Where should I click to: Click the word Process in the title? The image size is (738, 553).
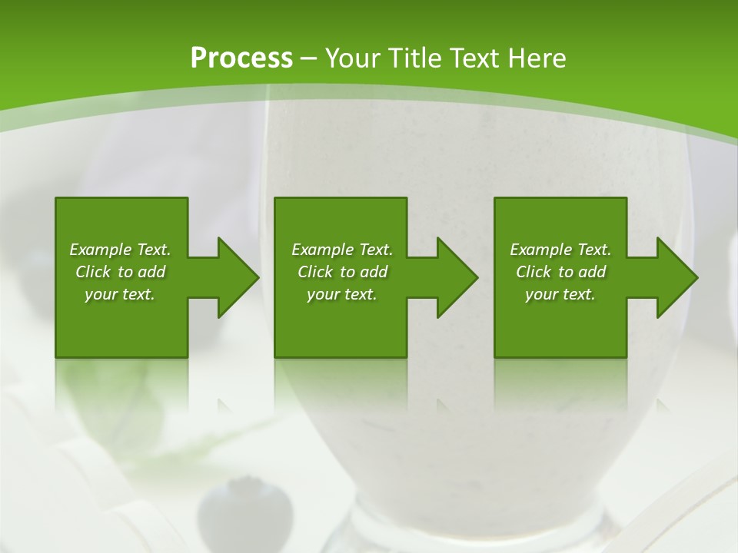241,58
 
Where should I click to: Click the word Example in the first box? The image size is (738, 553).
101,250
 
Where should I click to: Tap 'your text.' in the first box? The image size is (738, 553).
120,294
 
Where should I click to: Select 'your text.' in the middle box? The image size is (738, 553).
341,294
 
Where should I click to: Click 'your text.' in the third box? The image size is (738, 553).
560,294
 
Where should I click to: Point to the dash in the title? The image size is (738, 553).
308,58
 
